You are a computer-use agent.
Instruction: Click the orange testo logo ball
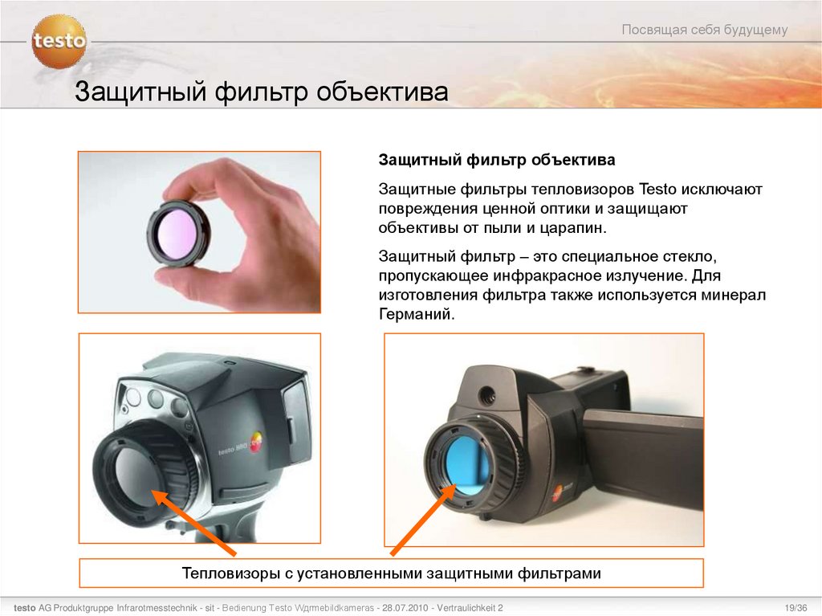coord(59,42)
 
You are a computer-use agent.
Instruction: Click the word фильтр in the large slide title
coord(261,92)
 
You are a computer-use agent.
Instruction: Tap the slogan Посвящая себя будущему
coord(705,30)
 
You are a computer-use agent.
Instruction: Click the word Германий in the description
coord(417,314)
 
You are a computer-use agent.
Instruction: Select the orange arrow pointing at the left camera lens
coord(193,522)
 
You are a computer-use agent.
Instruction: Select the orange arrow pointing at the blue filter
coord(424,520)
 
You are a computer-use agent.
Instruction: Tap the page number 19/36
coord(796,608)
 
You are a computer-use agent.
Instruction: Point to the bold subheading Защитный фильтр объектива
coord(496,160)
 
